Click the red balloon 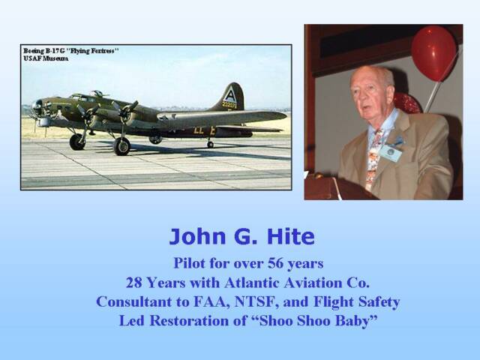433,53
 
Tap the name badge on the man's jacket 390,153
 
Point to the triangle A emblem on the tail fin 229,94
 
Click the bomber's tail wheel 210,145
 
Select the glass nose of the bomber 37,106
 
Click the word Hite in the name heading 291,237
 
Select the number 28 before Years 133,283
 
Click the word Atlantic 252,283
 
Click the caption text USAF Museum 46,58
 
